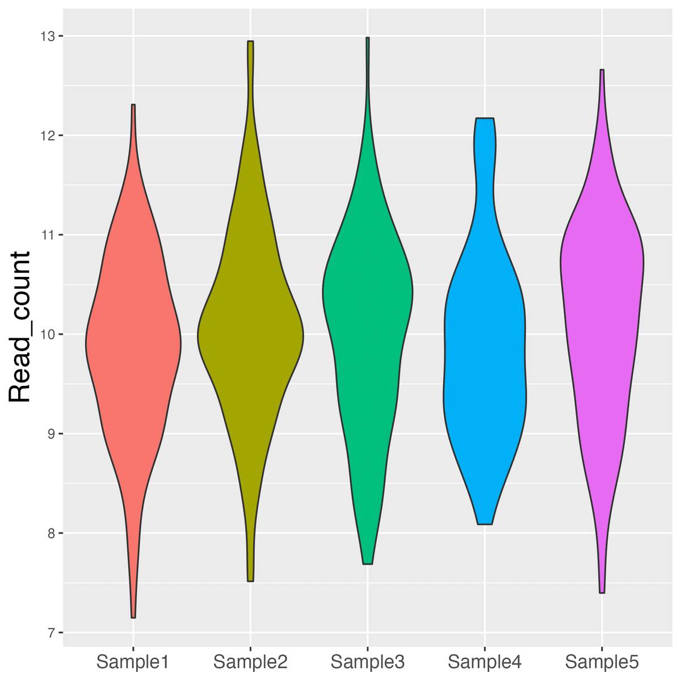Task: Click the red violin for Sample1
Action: tap(133, 340)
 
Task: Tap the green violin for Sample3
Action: tap(368, 295)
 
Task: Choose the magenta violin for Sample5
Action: tap(602, 284)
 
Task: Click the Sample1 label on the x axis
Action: tap(133, 662)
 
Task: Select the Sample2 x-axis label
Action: tap(250, 662)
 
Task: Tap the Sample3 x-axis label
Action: tap(367, 662)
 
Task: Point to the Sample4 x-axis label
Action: tap(485, 662)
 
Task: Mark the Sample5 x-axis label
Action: tap(602, 662)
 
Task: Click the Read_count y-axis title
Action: tap(20, 327)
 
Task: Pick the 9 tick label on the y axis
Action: tap(51, 434)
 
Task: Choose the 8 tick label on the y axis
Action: tap(51, 533)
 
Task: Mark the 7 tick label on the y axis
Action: tap(51, 633)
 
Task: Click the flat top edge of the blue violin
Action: tap(485, 119)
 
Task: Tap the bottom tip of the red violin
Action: tap(133, 617)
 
